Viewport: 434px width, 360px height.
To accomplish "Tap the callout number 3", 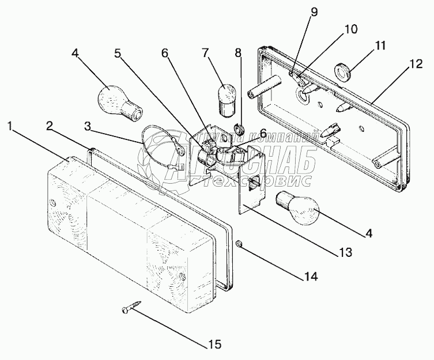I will pyautogui.click(x=87, y=126).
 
